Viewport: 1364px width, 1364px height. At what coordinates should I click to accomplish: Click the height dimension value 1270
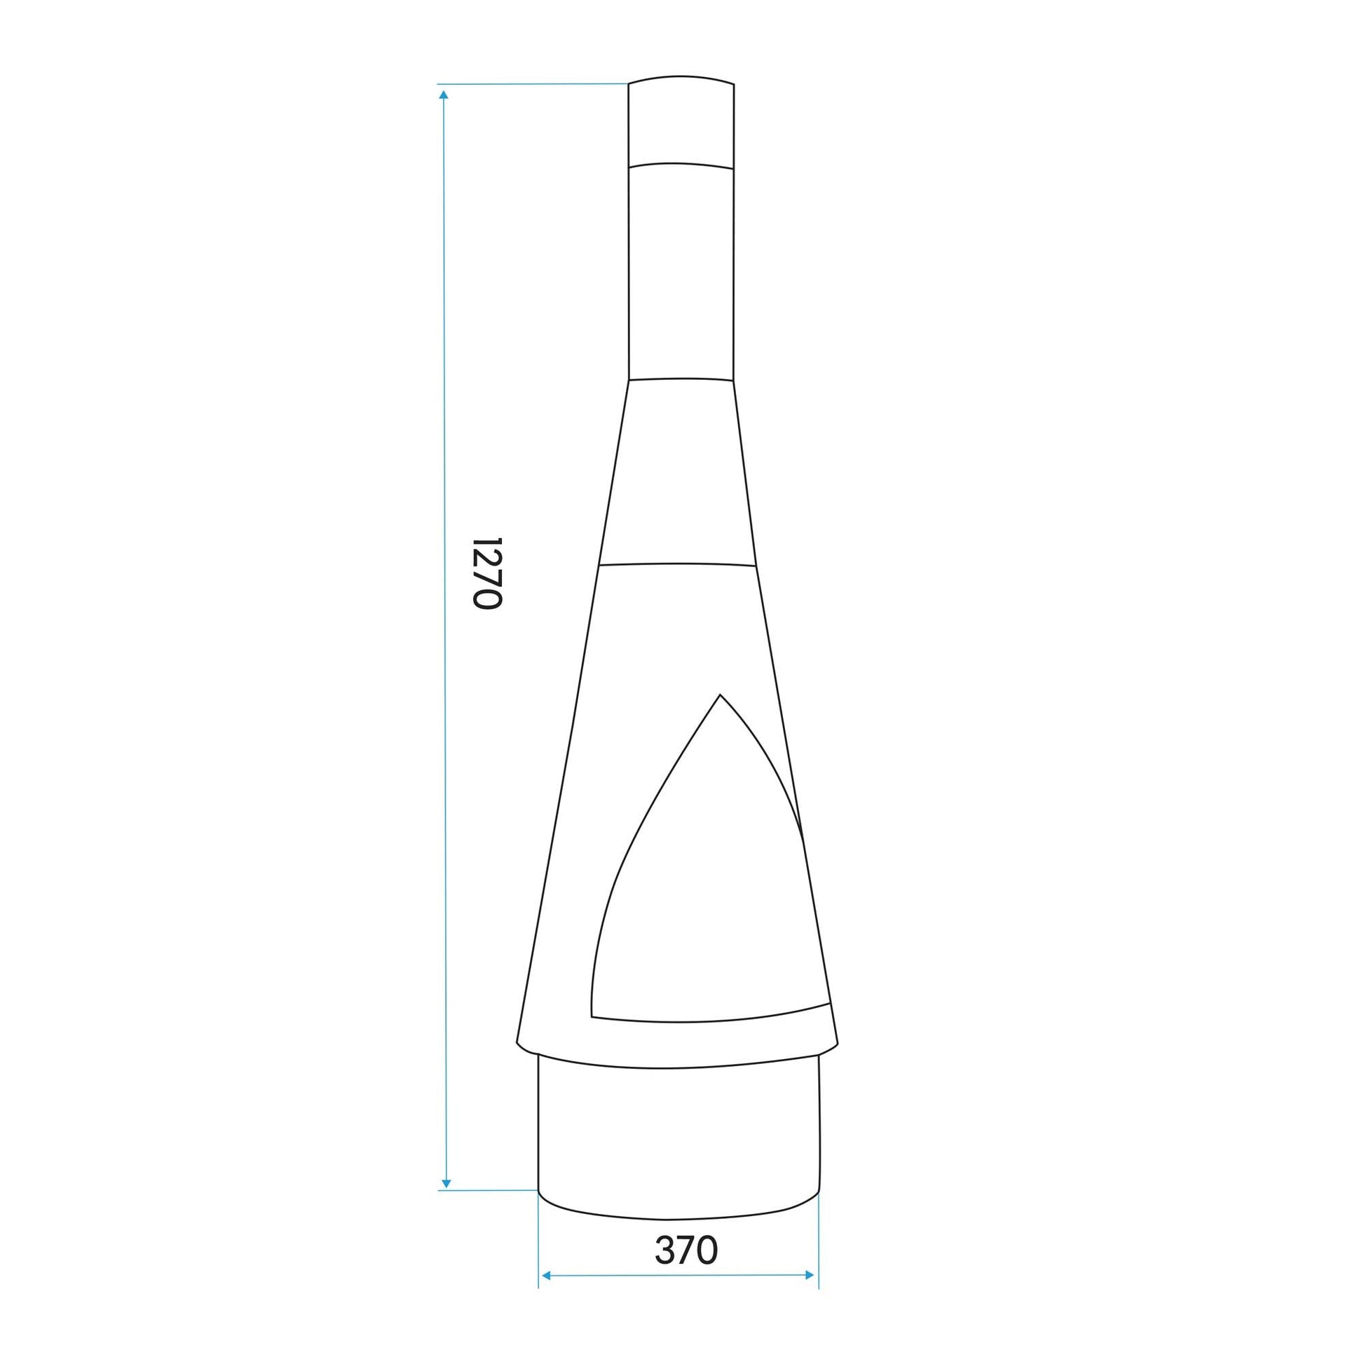486,573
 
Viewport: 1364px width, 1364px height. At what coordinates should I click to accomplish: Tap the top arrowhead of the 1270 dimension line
444,94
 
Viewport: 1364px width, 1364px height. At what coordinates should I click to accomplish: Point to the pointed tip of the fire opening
719,694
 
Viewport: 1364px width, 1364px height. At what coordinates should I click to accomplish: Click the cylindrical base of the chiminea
678,1144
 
